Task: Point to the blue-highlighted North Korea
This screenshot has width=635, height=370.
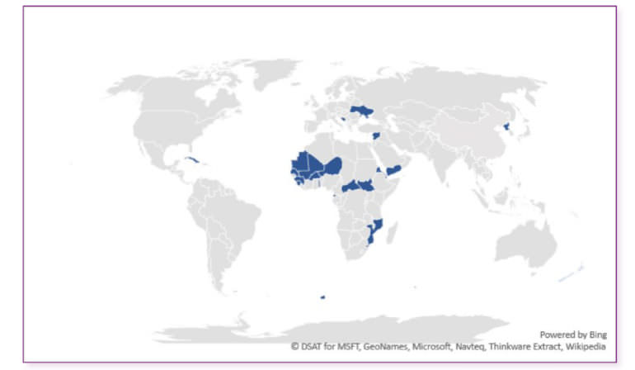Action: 505,128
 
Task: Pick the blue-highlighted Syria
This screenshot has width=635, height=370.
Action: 376,135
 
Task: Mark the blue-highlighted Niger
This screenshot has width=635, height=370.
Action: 332,166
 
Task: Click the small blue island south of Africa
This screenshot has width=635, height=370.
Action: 322,297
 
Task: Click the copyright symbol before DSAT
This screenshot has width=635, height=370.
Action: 294,347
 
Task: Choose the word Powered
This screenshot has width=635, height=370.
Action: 557,334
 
